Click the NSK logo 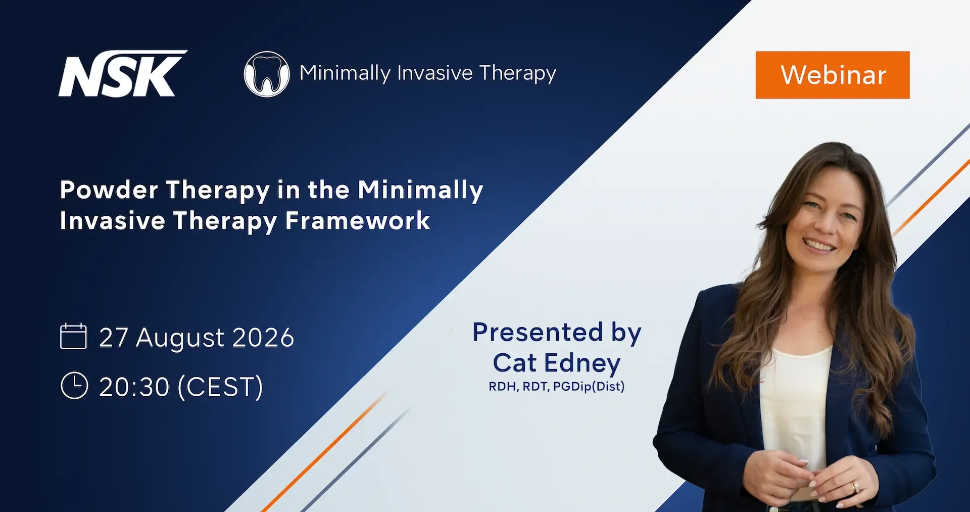pos(123,73)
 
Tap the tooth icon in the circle pos(267,74)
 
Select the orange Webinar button pos(833,75)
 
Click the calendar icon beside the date pos(73,336)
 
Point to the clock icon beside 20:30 pos(74,386)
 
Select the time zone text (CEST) pos(220,387)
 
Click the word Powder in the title pos(109,190)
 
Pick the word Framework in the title pos(358,221)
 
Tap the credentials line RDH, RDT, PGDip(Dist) pos(557,387)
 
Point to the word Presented pos(538,333)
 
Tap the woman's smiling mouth pos(819,246)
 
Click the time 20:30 pos(134,387)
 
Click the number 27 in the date pos(114,338)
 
